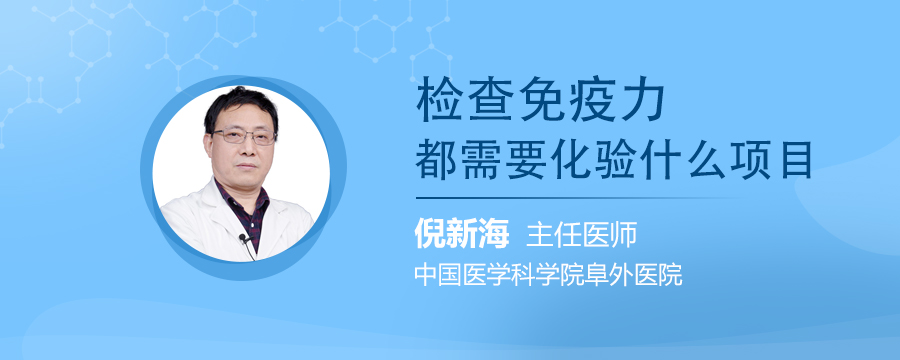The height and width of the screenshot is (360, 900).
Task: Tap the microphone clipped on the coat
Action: tap(242, 239)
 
